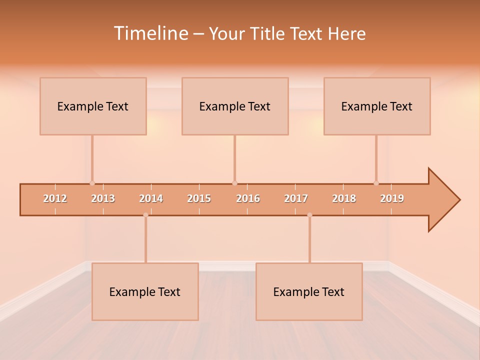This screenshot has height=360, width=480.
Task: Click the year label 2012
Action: point(55,198)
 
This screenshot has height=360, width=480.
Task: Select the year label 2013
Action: point(103,198)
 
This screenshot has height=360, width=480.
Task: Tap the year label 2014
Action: point(151,198)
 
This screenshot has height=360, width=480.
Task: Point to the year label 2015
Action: point(199,198)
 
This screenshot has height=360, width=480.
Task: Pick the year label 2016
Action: point(248,198)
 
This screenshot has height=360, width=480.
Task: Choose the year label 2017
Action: point(296,198)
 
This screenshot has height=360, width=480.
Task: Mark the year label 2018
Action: point(344,198)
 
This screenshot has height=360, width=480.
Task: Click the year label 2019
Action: point(392,198)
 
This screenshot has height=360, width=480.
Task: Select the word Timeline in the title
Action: point(150,33)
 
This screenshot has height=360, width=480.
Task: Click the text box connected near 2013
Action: point(93,106)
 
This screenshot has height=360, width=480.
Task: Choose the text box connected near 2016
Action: point(235,106)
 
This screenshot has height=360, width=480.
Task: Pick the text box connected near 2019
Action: point(377,106)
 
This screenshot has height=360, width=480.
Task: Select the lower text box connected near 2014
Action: point(145,291)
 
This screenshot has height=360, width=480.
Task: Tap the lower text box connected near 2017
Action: point(309,291)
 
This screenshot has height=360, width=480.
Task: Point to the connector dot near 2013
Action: point(92,183)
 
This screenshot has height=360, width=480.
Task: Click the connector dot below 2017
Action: point(309,215)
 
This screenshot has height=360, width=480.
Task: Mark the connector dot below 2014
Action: point(145,215)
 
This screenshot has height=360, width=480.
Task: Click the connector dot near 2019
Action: point(376,183)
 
